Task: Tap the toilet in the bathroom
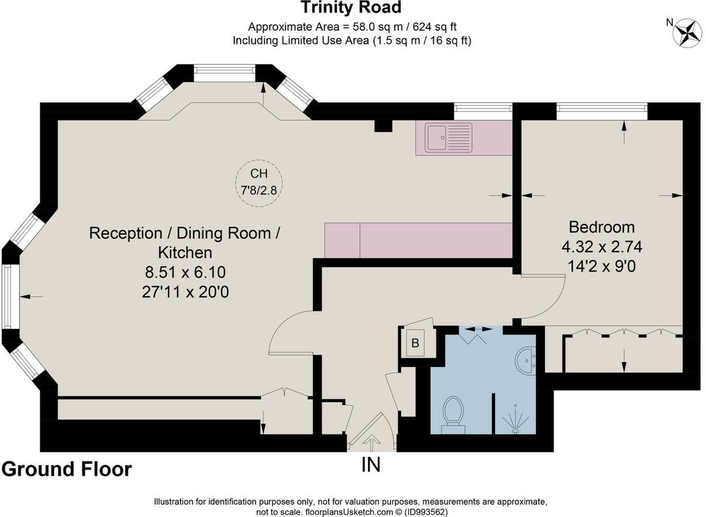tap(453, 415)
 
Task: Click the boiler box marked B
tap(415, 343)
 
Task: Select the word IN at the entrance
tap(371, 464)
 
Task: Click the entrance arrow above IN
tap(371, 443)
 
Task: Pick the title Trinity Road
tap(351, 8)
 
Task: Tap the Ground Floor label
tap(67, 469)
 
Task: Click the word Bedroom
tap(602, 227)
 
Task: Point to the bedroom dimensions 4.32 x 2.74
tap(602, 247)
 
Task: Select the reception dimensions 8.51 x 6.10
tap(185, 272)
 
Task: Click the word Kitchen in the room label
tap(185, 253)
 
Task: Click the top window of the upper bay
tap(224, 73)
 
